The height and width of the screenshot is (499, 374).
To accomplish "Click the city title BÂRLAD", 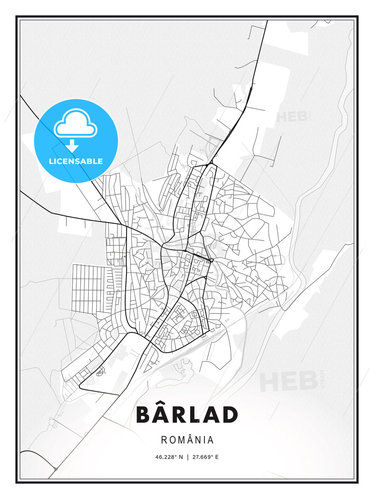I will [187, 414].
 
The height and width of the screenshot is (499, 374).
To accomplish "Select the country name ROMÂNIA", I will [187, 440].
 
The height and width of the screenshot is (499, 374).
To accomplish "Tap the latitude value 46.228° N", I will [169, 457].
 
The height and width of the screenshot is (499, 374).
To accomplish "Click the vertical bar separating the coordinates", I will [187, 457].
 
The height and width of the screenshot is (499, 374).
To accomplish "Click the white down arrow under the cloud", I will [72, 146].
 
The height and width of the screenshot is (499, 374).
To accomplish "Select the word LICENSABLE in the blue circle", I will [76, 161].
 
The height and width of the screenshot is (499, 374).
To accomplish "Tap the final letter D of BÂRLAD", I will [229, 414].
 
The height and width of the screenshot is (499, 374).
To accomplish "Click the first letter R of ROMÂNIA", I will [164, 440].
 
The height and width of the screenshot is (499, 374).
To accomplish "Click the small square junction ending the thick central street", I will [211, 260].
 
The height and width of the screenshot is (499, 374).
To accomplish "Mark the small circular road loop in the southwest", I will [100, 372].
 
